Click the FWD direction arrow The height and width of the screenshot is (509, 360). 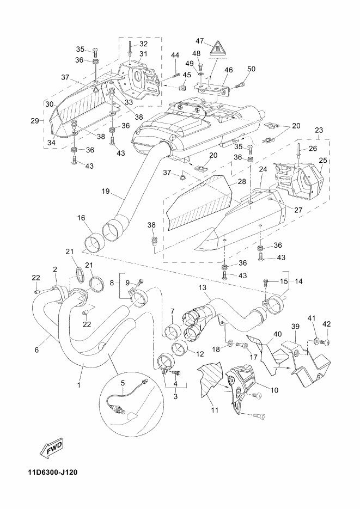[51, 449]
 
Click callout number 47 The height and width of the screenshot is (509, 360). [200, 41]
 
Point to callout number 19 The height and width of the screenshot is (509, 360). [106, 191]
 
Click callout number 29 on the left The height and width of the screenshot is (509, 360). [34, 121]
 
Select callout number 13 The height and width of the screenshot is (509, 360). [202, 287]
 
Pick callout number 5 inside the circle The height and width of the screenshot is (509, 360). [123, 383]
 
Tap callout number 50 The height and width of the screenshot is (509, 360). [251, 69]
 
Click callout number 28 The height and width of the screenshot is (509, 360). [241, 181]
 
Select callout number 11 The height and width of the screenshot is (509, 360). [215, 410]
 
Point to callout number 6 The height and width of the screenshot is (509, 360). [36, 349]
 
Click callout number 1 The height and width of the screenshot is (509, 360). [79, 385]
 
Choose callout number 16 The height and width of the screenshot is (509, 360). [81, 218]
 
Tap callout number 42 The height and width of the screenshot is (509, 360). [327, 324]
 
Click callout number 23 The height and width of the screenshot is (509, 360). [319, 130]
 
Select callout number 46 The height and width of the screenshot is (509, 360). [229, 70]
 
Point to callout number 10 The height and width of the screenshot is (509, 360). [274, 390]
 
